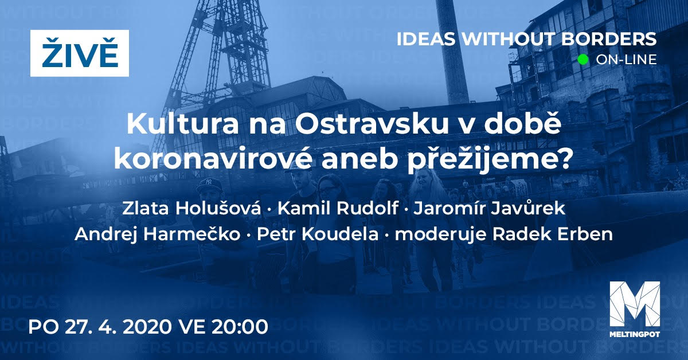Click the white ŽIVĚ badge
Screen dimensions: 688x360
click(x=80, y=53)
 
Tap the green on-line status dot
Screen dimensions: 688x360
click(x=583, y=59)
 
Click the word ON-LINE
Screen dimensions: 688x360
click(x=626, y=60)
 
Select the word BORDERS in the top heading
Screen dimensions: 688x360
click(x=609, y=39)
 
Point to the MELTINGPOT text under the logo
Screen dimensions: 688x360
click(x=635, y=334)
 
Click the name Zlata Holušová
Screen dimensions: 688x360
click(x=191, y=208)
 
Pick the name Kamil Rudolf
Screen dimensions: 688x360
click(x=338, y=208)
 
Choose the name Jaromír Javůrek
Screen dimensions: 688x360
click(x=490, y=209)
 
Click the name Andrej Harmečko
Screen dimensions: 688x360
click(x=157, y=234)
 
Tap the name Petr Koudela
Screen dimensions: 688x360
click(x=318, y=234)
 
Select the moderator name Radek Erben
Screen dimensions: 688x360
click(x=553, y=234)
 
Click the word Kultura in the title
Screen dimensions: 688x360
click(x=183, y=124)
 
